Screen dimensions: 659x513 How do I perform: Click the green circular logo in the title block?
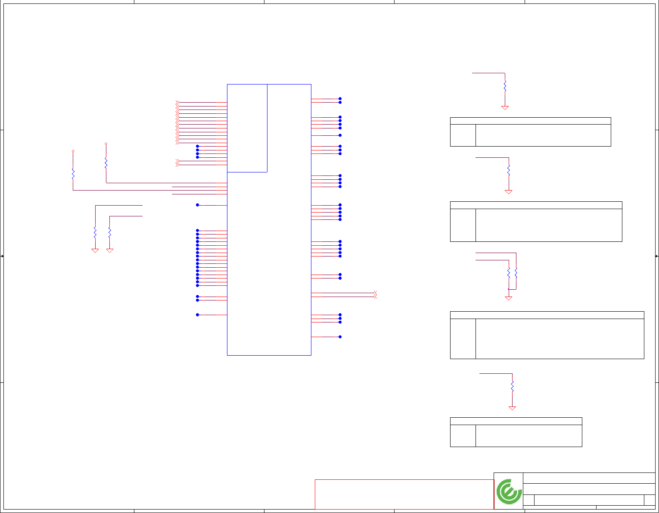509,491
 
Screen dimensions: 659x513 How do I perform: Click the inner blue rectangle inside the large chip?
247,128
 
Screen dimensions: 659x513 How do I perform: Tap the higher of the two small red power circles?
106,144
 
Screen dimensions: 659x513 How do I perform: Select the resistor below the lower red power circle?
73,174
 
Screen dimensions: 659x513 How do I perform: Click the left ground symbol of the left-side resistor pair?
95,250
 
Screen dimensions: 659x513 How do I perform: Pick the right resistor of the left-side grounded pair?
110,232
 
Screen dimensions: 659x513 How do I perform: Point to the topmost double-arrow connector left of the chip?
177,103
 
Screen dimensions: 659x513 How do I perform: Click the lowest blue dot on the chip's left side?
198,315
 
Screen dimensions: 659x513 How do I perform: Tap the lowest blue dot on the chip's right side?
340,337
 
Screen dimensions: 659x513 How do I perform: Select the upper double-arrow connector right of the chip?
375,293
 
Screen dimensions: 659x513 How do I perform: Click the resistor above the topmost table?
505,86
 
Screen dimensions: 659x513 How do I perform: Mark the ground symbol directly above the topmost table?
505,108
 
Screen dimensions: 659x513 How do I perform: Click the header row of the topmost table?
530,121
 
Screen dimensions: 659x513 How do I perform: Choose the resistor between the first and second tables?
509,170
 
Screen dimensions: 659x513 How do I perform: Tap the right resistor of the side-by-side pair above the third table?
516,272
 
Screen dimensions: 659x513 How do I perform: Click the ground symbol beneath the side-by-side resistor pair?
508,298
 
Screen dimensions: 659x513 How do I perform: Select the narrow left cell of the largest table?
463,338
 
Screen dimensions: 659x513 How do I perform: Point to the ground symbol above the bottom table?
512,408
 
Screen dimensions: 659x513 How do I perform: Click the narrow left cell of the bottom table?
463,435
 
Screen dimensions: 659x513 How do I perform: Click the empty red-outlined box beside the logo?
404,494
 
